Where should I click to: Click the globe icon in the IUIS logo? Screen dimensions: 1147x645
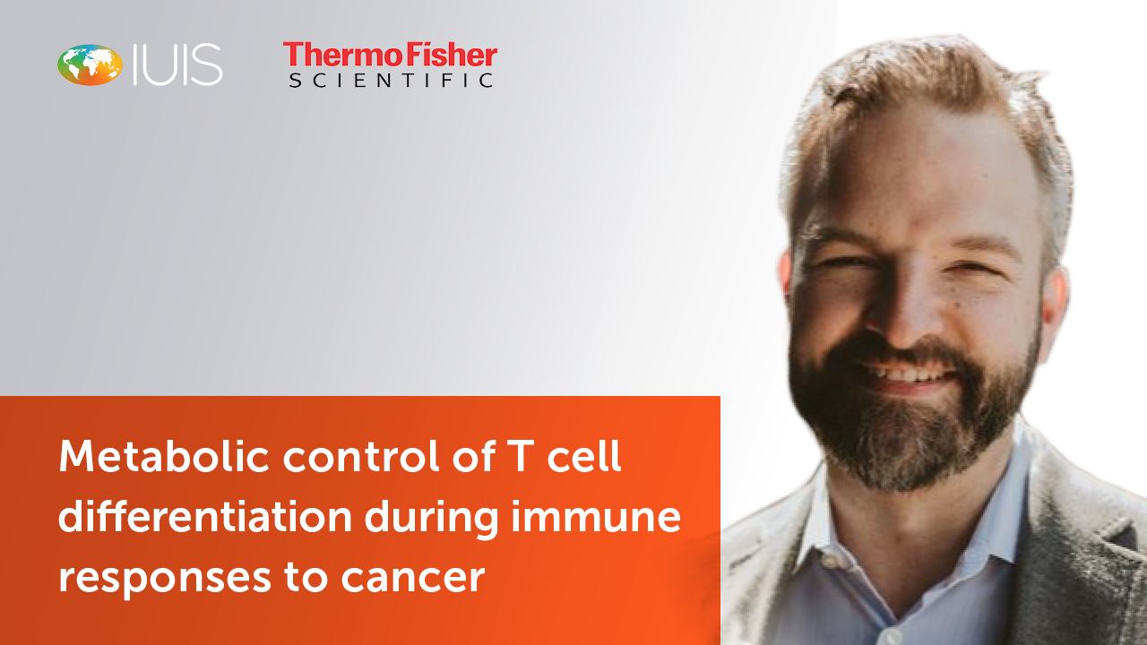(91, 64)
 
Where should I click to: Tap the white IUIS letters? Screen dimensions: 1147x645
(177, 64)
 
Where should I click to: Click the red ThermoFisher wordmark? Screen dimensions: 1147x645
(390, 55)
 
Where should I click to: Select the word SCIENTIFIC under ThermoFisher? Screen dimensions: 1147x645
(392, 81)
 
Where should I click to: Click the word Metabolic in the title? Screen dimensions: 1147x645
(164, 456)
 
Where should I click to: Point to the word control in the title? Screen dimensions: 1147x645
(361, 456)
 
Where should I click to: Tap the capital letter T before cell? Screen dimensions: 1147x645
(521, 456)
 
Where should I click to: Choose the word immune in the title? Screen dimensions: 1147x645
(597, 517)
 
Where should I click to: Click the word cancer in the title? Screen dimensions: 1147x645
(413, 579)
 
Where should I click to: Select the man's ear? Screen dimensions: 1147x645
(1054, 307)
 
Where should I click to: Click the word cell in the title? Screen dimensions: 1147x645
(584, 456)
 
